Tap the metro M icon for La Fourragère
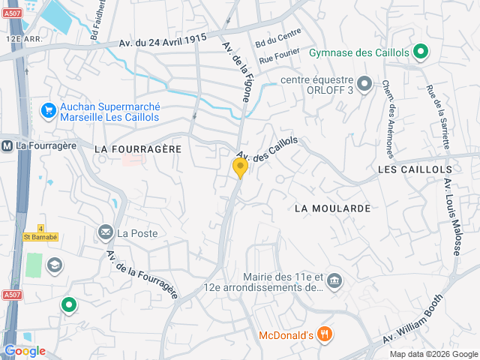(x=7, y=145)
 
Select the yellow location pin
(x=240, y=167)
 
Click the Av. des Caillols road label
(x=267, y=153)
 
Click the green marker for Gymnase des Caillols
(x=421, y=52)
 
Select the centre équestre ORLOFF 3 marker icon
(x=364, y=83)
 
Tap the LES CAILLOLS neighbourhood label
(x=409, y=170)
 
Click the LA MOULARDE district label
(x=333, y=208)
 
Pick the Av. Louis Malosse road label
(x=452, y=215)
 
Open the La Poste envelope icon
(x=105, y=233)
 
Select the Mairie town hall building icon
(x=334, y=282)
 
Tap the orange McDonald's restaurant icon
(x=324, y=334)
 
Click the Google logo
(x=25, y=351)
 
